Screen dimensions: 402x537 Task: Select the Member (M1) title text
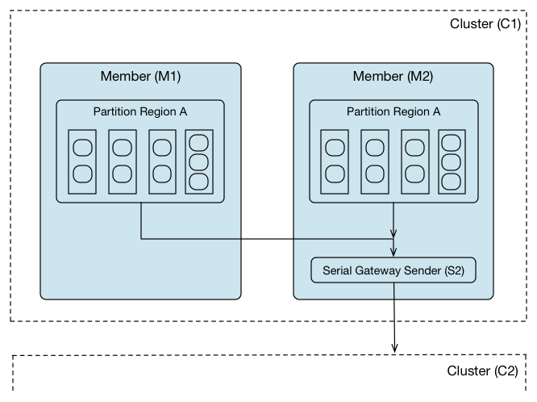(140, 77)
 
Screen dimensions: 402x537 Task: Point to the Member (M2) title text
(393, 77)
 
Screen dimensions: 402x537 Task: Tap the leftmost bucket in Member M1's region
(81, 161)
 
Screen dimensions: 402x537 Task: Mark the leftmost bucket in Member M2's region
(333, 161)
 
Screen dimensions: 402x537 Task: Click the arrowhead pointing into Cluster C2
(394, 347)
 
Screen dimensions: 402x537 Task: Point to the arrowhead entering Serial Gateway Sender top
(393, 253)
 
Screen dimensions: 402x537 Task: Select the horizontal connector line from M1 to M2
(266, 239)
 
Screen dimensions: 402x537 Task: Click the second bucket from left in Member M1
(121, 161)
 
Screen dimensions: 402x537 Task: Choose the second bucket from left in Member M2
(373, 161)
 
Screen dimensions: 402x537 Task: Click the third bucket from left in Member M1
(161, 161)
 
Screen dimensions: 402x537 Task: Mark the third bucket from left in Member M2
(414, 161)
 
